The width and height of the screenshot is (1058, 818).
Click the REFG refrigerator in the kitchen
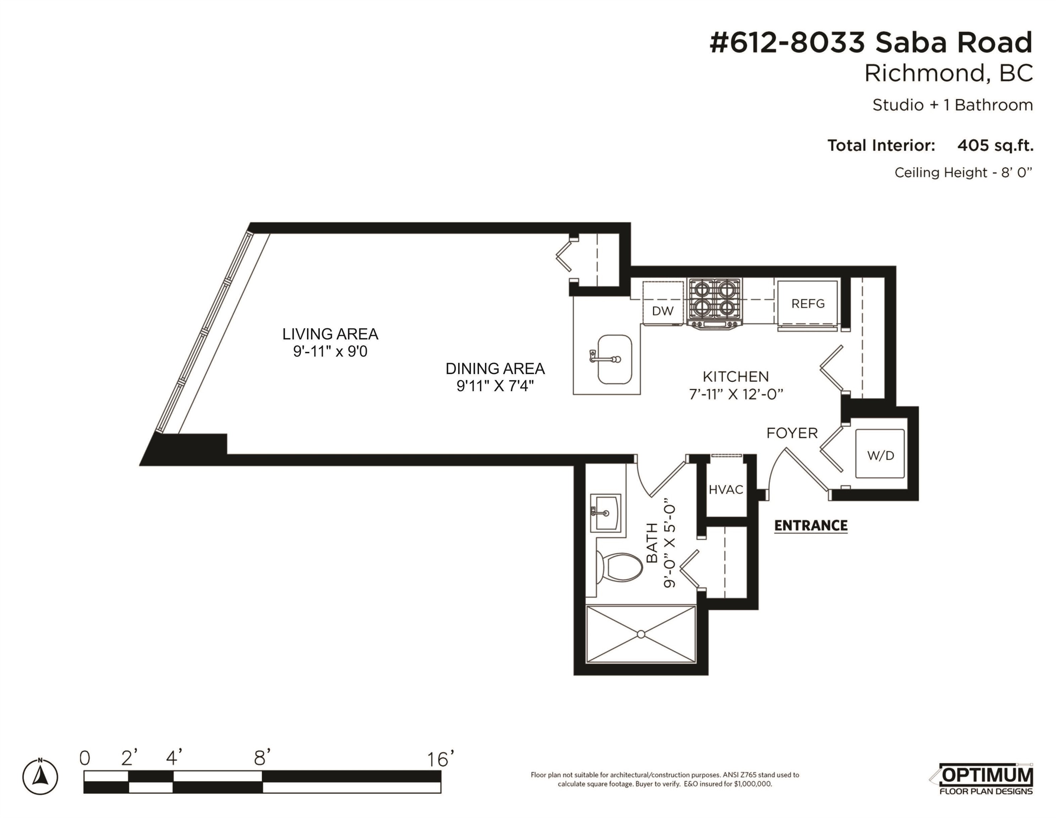[807, 304]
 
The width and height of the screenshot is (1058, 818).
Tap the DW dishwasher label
[662, 311]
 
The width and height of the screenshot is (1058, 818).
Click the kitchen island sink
[614, 359]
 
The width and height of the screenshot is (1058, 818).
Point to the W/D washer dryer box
[880, 454]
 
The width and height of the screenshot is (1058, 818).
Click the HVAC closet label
[726, 490]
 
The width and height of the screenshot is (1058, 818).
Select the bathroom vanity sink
[605, 513]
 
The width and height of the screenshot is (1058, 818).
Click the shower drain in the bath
[641, 634]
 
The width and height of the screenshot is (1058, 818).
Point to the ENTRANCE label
[811, 525]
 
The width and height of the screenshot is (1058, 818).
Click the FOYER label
[792, 433]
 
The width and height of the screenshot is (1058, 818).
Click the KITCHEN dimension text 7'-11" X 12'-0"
[736, 394]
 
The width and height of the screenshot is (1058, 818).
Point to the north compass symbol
[40, 777]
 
